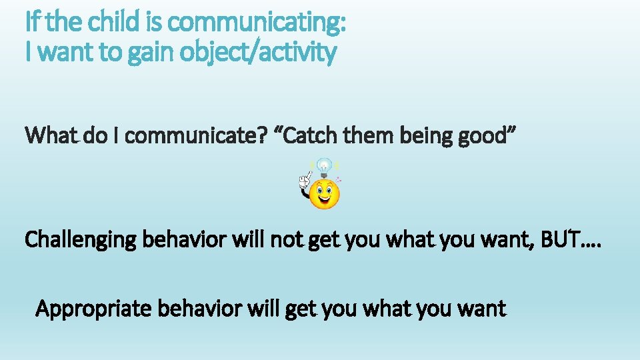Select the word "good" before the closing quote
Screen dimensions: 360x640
(488, 136)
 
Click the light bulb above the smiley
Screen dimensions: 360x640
(324, 166)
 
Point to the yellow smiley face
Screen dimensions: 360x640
(325, 193)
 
